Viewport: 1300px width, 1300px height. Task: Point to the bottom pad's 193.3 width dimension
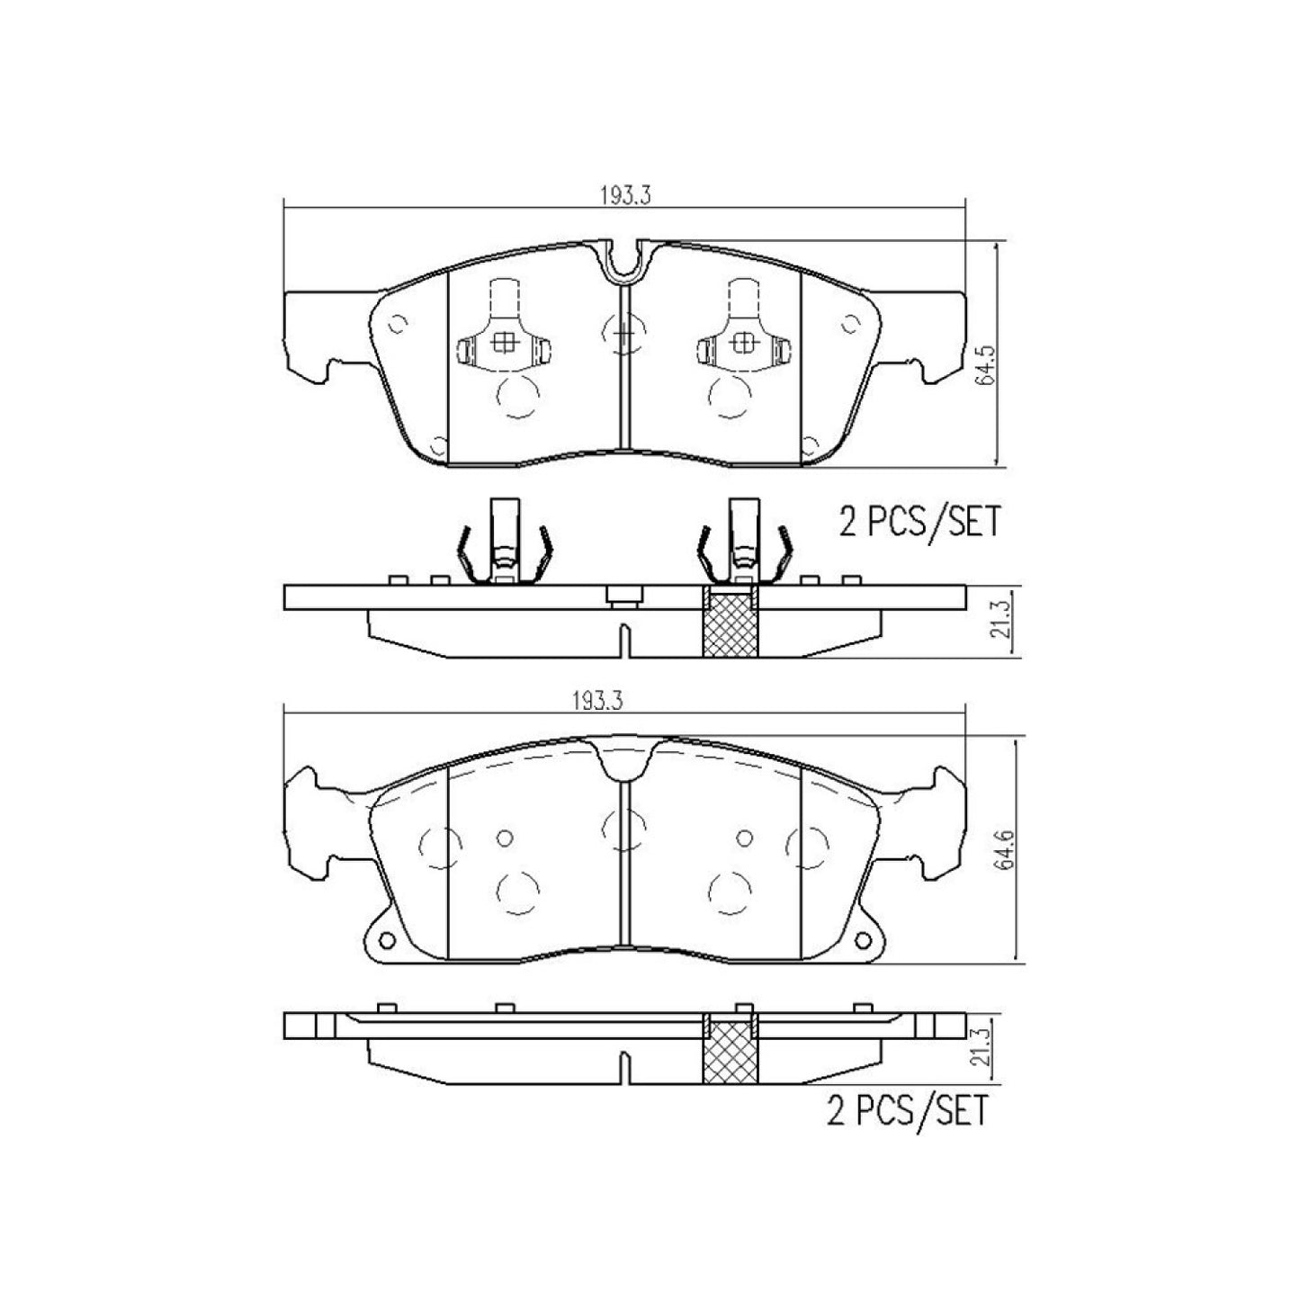(x=597, y=701)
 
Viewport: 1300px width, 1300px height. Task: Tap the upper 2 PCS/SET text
(x=919, y=523)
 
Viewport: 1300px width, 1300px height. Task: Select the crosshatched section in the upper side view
(x=730, y=622)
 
